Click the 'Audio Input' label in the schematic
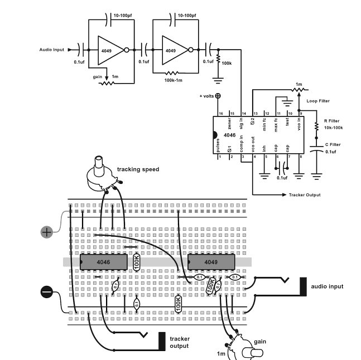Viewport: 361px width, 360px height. coord(51,50)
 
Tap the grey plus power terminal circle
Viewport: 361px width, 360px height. coord(47,232)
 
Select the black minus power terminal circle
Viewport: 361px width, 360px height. coord(47,292)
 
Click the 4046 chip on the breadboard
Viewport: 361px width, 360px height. coord(104,262)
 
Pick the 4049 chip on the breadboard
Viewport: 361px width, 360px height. coord(211,262)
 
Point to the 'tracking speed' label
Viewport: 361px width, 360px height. coord(138,169)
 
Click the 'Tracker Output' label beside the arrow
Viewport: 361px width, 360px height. coord(305,195)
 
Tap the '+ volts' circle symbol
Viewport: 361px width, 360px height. coord(218,96)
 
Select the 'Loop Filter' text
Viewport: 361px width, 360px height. coord(318,101)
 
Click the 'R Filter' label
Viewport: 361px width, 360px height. coord(331,121)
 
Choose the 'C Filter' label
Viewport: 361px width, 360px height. coord(333,144)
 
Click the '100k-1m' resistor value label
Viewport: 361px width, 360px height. coord(173,80)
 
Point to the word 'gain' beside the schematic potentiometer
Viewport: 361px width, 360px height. coord(98,77)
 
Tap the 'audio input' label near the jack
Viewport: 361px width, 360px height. coord(327,286)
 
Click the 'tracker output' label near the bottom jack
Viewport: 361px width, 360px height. coord(180,342)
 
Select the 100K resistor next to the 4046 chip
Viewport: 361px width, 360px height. coord(137,261)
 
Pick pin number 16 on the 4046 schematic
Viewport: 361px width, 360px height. coord(221,114)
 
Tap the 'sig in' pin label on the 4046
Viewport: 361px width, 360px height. coord(241,124)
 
